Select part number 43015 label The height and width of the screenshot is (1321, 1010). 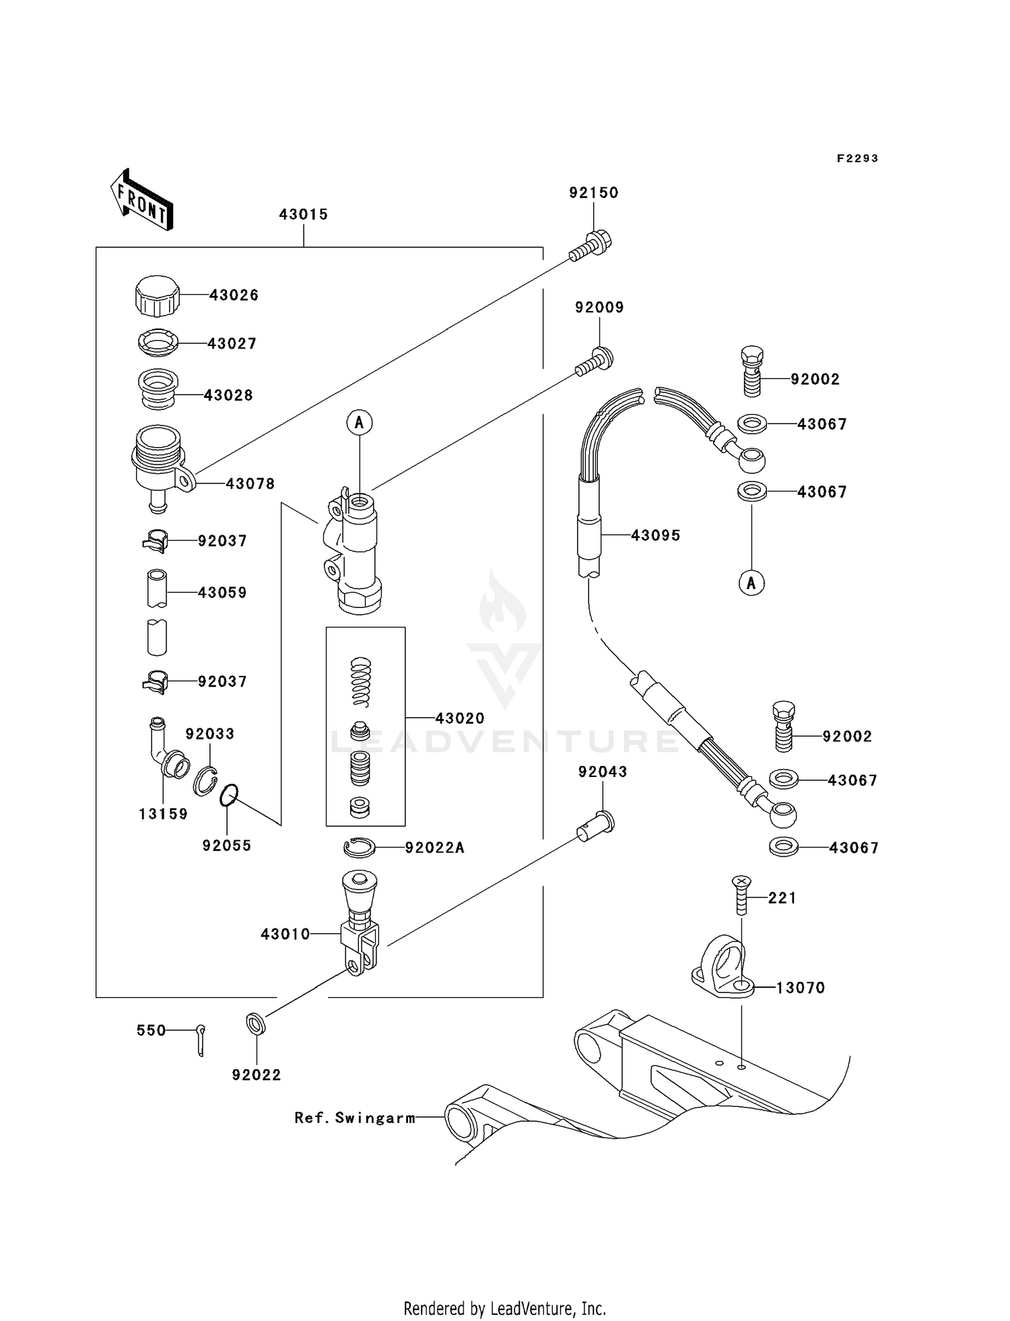[x=303, y=214]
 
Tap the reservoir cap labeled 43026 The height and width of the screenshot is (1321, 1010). [x=157, y=296]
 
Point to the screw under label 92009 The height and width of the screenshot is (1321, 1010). [x=595, y=361]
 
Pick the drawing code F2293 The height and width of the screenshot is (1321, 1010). [x=857, y=158]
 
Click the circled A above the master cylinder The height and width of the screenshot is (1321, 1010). [x=360, y=422]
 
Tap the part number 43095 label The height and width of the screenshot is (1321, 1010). [x=655, y=535]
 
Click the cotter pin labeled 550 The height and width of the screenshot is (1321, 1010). [x=201, y=1039]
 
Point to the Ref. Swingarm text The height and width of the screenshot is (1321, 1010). [x=355, y=1118]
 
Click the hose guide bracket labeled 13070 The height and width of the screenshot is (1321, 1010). [x=720, y=970]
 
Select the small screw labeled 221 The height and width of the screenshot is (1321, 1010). [x=741, y=895]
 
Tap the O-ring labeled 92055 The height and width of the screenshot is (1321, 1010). [x=228, y=795]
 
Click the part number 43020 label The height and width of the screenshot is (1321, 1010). [x=460, y=718]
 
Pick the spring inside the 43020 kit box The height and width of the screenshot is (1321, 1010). [x=362, y=681]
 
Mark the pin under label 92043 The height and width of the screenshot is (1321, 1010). [x=597, y=825]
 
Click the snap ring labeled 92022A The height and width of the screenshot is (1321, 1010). [x=360, y=848]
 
